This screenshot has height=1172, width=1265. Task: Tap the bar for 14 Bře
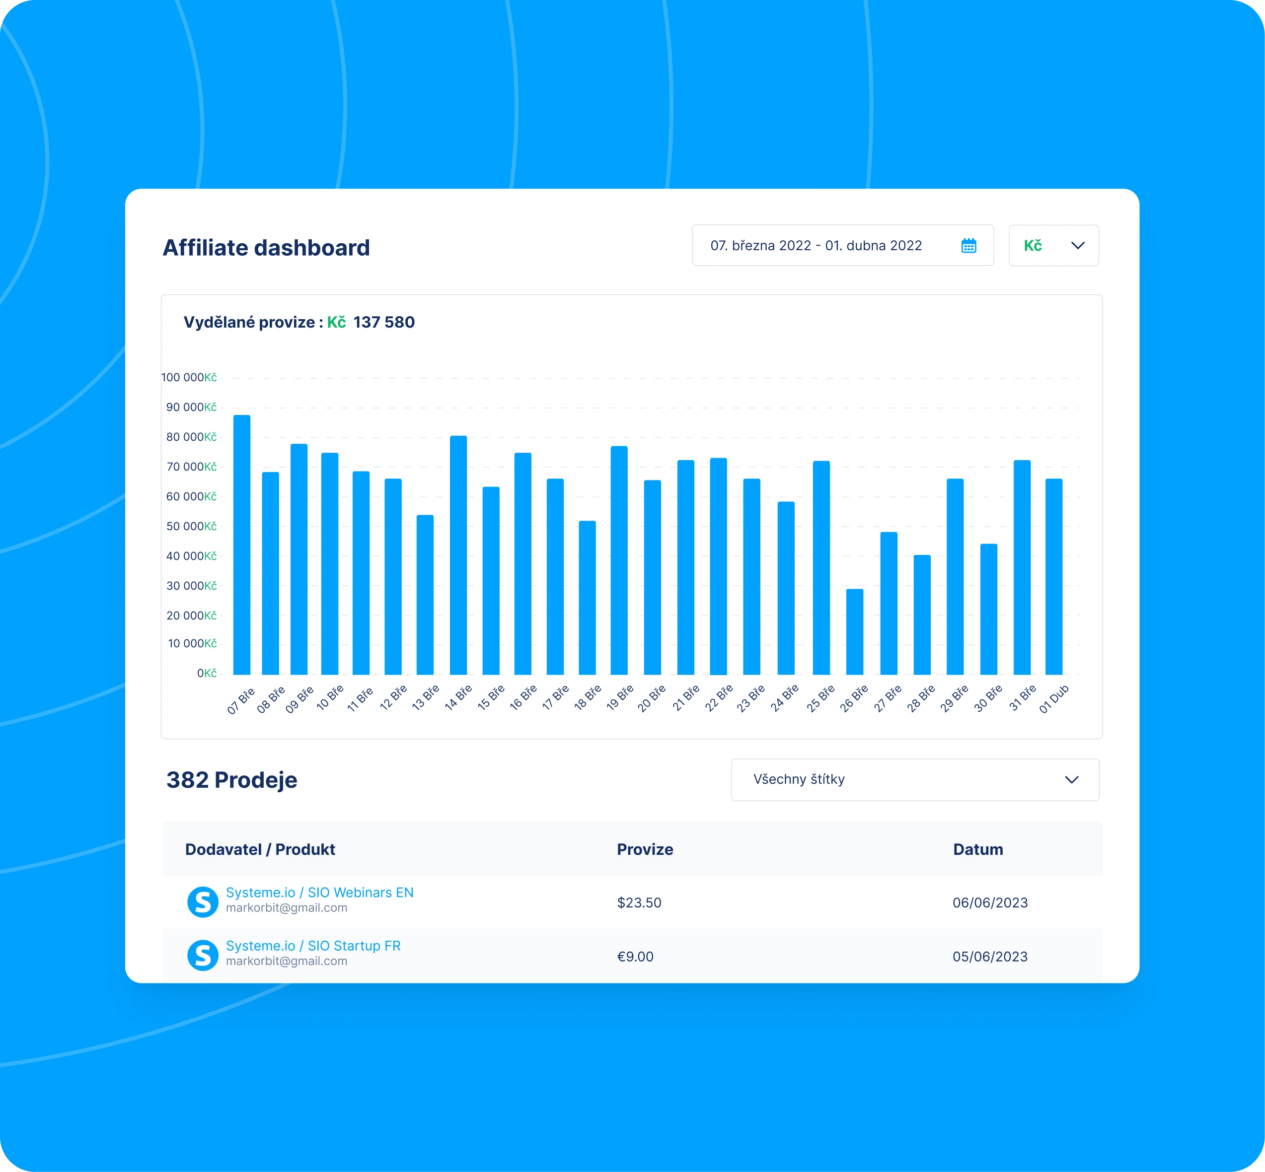tap(458, 555)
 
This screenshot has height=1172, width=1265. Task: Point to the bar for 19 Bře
tap(619, 560)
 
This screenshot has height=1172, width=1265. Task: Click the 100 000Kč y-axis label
tap(189, 377)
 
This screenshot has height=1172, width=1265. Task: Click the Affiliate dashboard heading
tap(266, 247)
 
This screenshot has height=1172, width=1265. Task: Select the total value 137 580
tap(384, 322)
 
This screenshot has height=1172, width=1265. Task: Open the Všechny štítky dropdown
tap(915, 779)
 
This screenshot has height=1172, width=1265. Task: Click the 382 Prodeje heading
tap(231, 779)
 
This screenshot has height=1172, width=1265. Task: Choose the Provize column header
tap(645, 849)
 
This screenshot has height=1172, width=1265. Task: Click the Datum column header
tap(977, 849)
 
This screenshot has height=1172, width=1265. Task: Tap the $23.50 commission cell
tap(639, 902)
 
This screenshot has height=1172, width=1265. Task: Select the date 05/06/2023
tap(990, 957)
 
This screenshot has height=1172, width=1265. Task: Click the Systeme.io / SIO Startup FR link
tap(313, 946)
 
